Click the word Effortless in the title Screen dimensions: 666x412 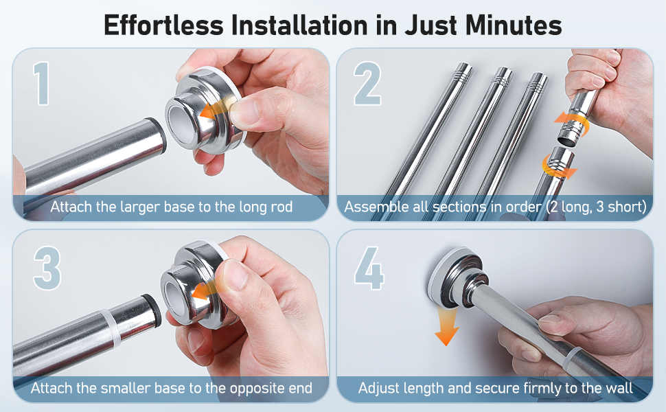click(x=163, y=25)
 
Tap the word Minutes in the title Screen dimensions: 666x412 click(x=514, y=25)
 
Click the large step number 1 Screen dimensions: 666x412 click(x=42, y=83)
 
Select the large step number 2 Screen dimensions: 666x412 click(x=367, y=83)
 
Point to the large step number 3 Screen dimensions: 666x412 click(x=47, y=268)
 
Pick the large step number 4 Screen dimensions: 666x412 click(x=369, y=268)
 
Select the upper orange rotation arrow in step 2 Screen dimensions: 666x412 click(x=572, y=124)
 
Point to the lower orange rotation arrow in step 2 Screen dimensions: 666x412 click(x=559, y=166)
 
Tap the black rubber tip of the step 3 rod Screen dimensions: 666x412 click(x=153, y=310)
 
